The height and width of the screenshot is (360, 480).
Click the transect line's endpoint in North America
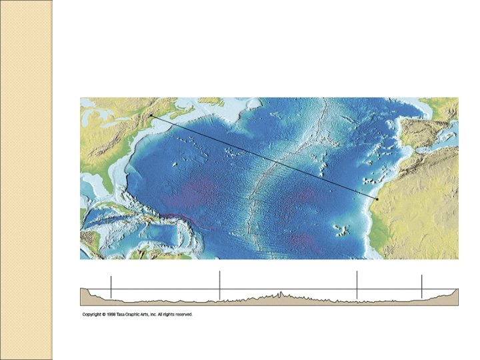(151, 116)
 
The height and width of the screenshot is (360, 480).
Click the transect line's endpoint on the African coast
(376, 199)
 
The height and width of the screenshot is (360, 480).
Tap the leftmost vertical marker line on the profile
(111, 287)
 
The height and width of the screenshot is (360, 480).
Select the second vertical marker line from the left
(219, 285)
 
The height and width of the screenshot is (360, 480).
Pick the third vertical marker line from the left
(357, 285)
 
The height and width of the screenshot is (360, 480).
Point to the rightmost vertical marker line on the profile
(422, 287)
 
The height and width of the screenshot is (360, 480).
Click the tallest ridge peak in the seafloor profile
(281, 292)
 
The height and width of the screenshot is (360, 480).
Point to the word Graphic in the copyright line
(141, 315)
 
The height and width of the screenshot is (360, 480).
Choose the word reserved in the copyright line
(184, 315)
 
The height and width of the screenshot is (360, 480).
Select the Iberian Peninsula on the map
(427, 127)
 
